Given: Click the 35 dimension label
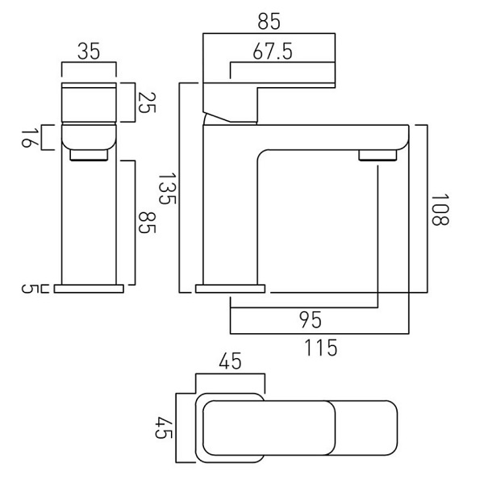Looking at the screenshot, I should [x=89, y=53].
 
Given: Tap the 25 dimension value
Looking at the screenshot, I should [x=144, y=102].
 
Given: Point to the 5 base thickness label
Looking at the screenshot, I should [x=26, y=288].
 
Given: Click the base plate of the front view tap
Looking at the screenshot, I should [x=88, y=287].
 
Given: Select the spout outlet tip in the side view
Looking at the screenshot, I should [x=377, y=156].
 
